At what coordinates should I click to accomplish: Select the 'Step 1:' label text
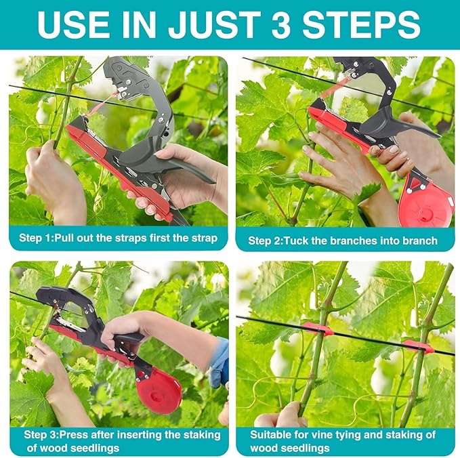[40, 238]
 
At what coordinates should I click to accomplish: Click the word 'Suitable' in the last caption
[270, 434]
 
